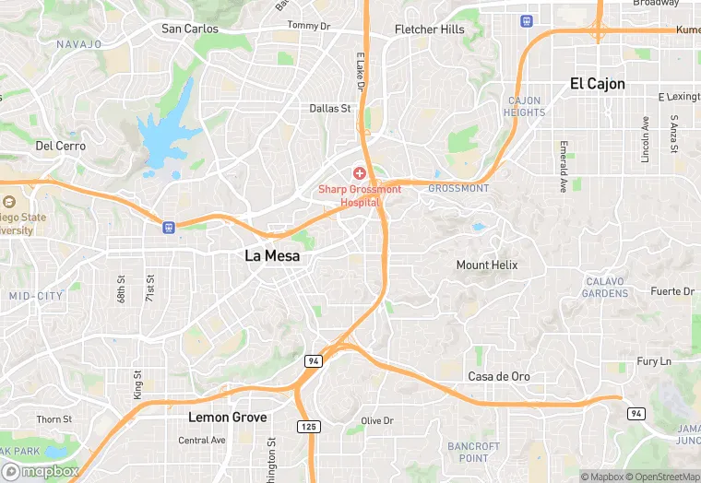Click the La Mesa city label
[x=272, y=256]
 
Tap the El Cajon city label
[x=597, y=84]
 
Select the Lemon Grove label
[x=227, y=418]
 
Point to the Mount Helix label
[x=487, y=265]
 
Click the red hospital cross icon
[x=360, y=173]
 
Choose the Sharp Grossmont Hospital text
[x=360, y=195]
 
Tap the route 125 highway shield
[x=308, y=426]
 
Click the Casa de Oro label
[x=499, y=376]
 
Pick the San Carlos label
[x=190, y=29]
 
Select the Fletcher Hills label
[x=430, y=29]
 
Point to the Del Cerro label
[x=60, y=146]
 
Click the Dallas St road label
[x=330, y=108]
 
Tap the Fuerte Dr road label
[x=671, y=291]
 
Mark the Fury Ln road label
[x=653, y=361]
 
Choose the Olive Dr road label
[x=377, y=420]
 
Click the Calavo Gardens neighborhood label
[x=606, y=288]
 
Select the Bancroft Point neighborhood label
[x=473, y=452]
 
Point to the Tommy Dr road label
[x=308, y=26]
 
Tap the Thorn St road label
[x=53, y=419]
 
